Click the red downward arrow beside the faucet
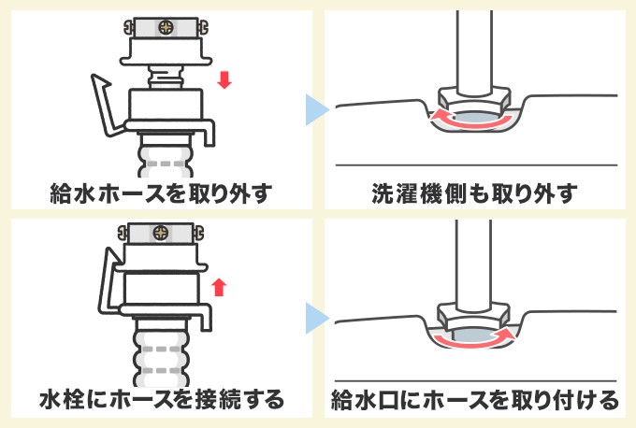[223, 81]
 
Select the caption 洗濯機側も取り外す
[475, 193]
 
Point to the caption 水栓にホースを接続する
[161, 401]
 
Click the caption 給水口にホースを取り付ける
[475, 401]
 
